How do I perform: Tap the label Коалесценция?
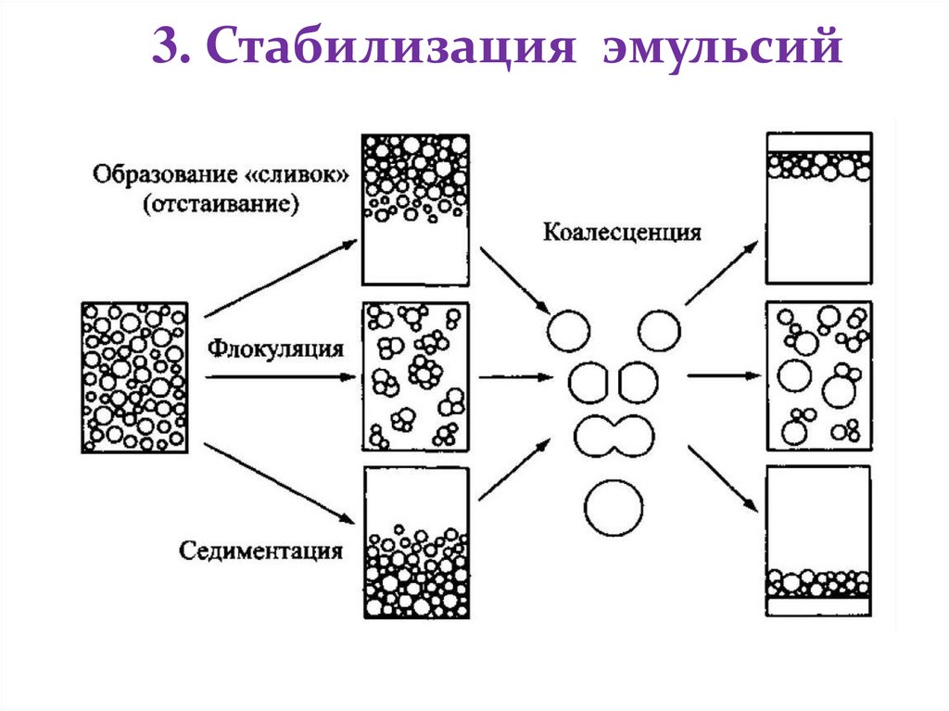tap(621, 231)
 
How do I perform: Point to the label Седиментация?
tap(262, 551)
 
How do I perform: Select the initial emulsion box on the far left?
tap(134, 376)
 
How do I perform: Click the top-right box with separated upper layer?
tap(818, 208)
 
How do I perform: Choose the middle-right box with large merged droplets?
tap(818, 376)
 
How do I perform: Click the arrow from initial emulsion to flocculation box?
tap(278, 377)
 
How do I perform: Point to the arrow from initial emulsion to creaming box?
tap(278, 279)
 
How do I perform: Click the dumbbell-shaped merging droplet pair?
tap(614, 434)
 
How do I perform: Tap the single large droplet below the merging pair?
tap(614, 506)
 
